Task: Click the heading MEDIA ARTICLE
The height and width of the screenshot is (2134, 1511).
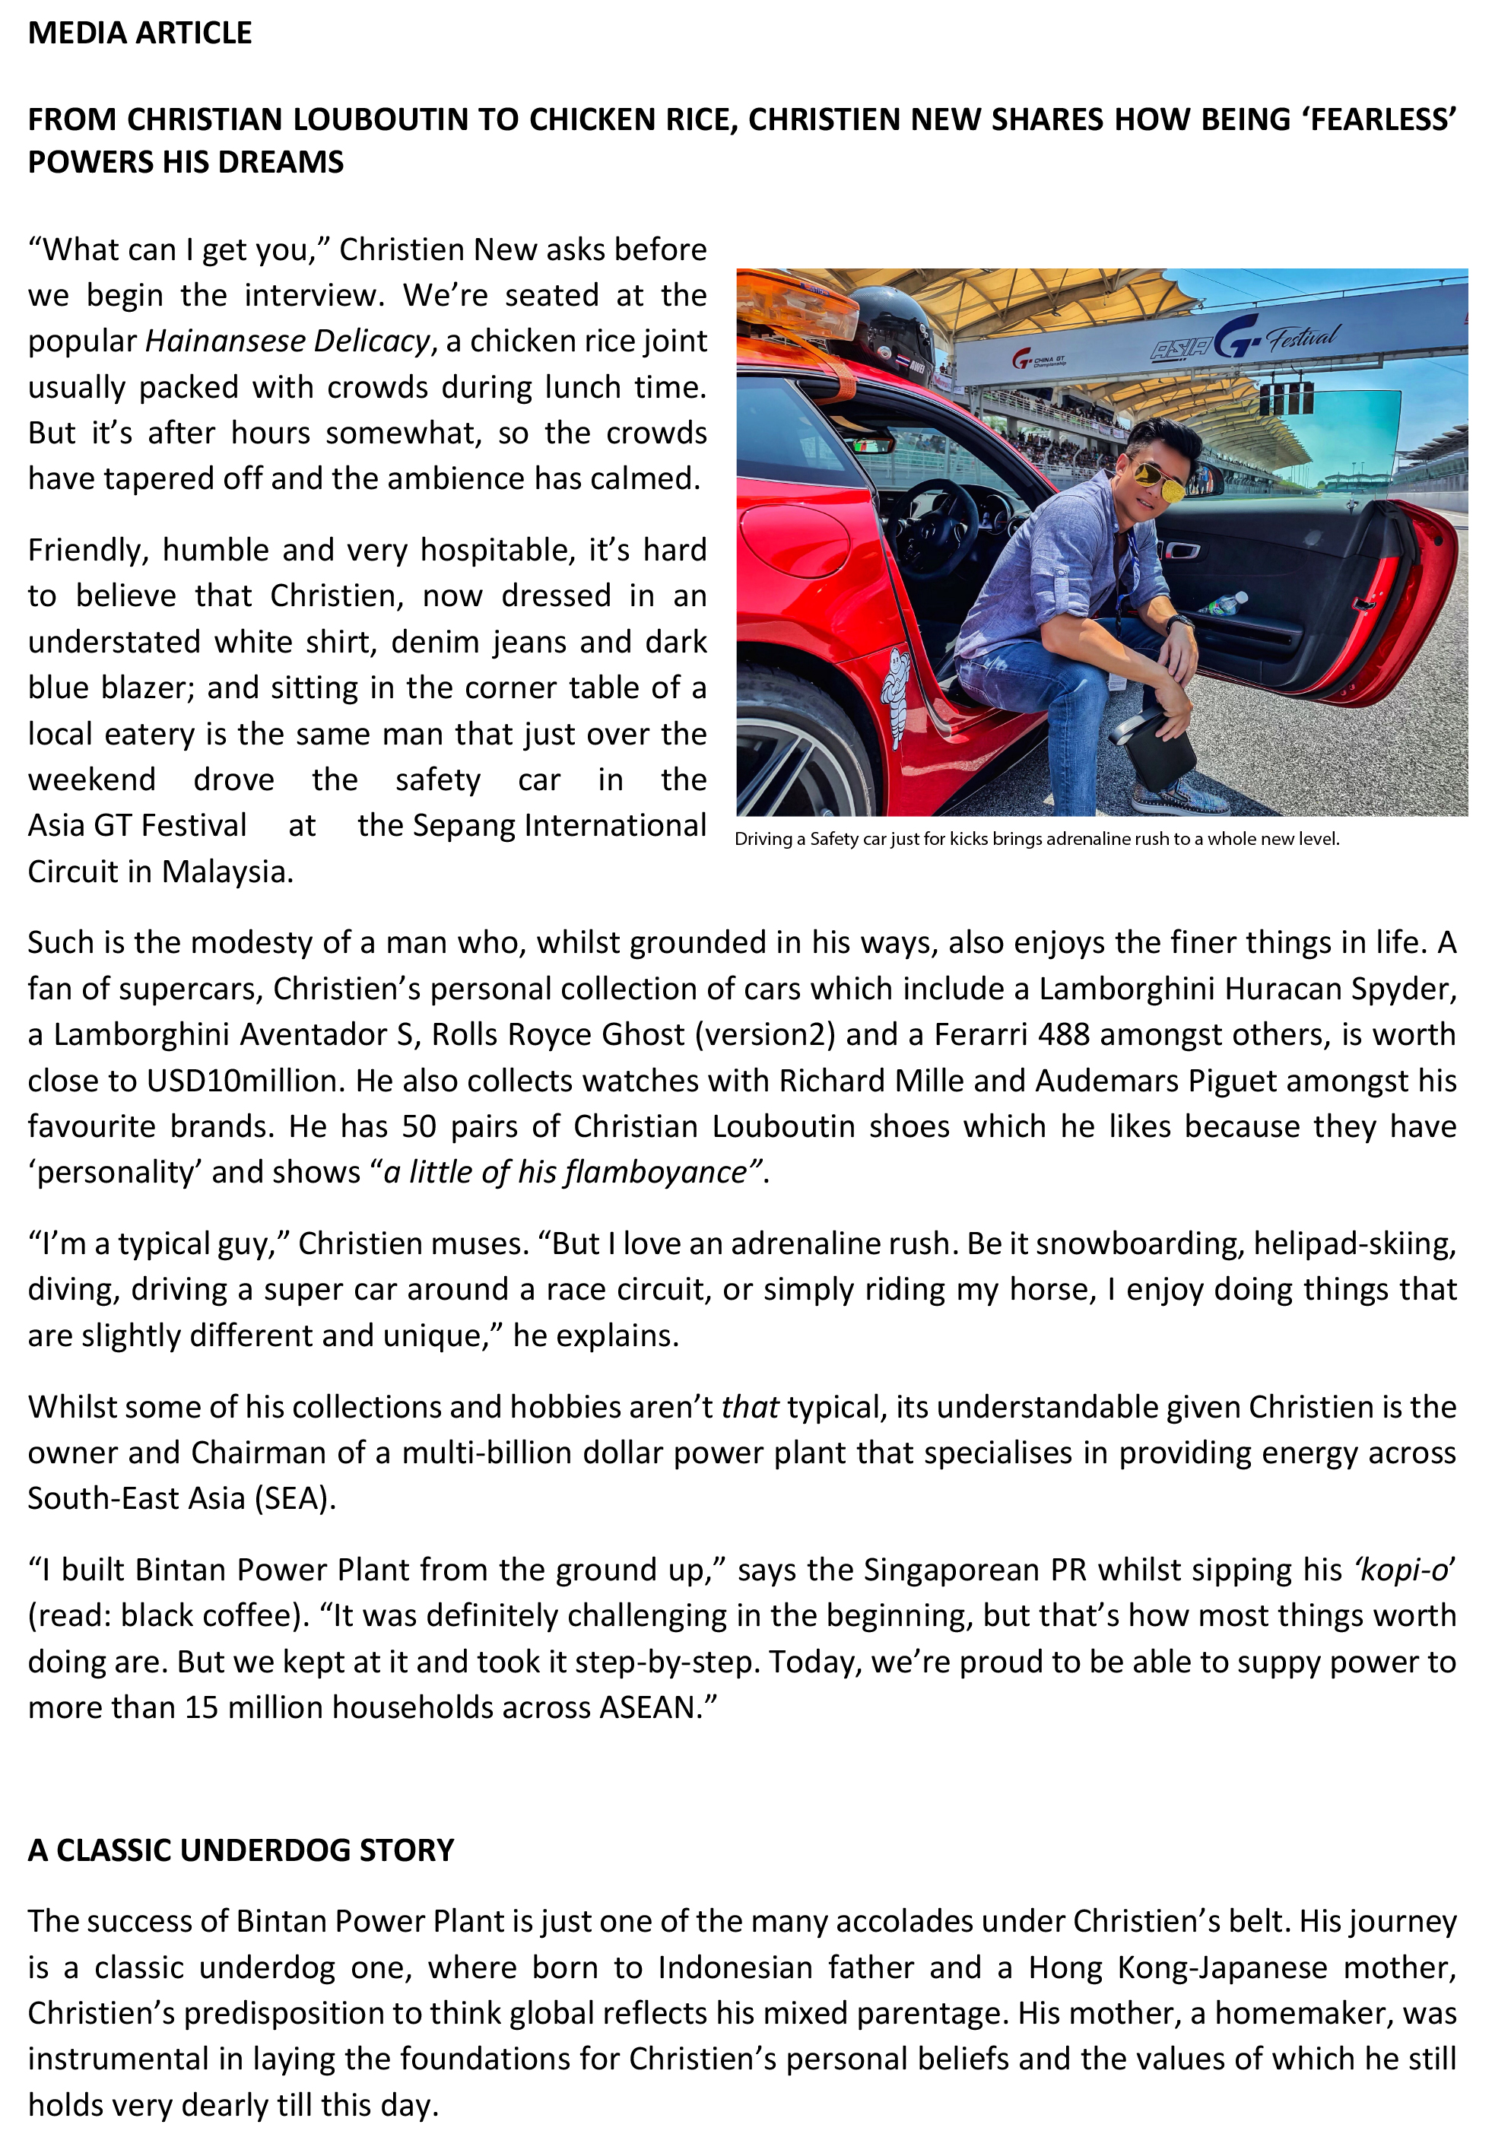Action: (140, 33)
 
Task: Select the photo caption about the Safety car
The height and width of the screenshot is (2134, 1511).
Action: (1036, 839)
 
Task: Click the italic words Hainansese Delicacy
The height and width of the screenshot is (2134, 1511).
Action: (287, 341)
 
